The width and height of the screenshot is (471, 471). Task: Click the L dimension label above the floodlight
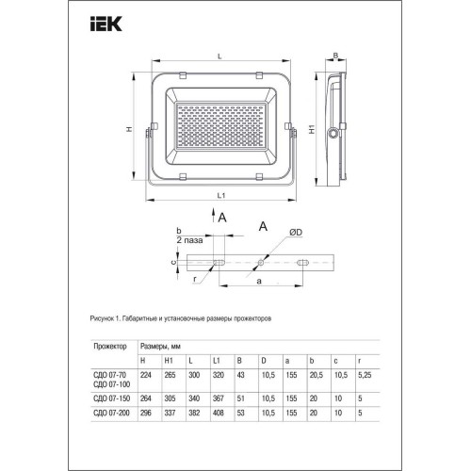pos(219,58)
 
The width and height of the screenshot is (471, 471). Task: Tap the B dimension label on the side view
pos(336,57)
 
